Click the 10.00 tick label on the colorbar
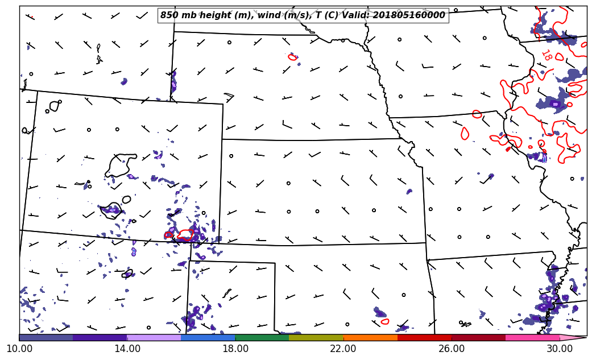[19, 349]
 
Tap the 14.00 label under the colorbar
[127, 349]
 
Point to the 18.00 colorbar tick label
[235, 349]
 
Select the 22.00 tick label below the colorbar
[343, 349]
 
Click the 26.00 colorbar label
[452, 349]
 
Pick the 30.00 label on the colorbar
[560, 349]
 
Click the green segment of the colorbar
[262, 337]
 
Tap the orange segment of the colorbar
[370, 337]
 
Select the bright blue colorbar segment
[208, 337]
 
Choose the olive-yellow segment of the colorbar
[316, 337]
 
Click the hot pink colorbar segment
[532, 337]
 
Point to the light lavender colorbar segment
[154, 337]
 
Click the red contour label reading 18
[546, 55]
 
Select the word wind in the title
[259, 15]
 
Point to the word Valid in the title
[351, 15]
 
